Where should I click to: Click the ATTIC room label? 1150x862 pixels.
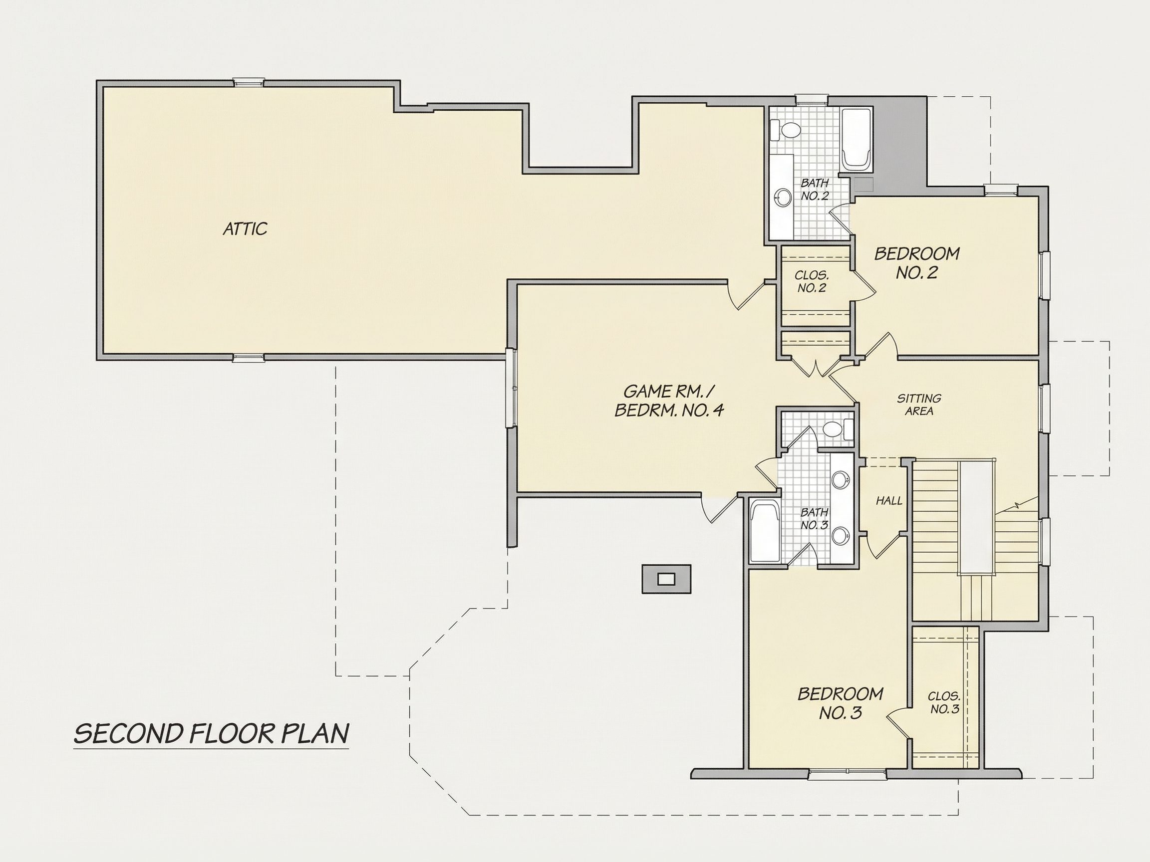pyautogui.click(x=245, y=228)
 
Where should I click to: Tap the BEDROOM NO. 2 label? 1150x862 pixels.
pyautogui.click(x=916, y=263)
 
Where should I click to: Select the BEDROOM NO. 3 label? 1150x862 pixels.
pyautogui.click(x=841, y=703)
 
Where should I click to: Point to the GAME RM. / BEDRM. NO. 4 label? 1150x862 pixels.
pyautogui.click(x=670, y=400)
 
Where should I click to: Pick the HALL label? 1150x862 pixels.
pyautogui.click(x=889, y=501)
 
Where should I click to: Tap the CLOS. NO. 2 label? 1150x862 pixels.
pyautogui.click(x=812, y=282)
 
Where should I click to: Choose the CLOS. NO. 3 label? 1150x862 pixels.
pyautogui.click(x=945, y=702)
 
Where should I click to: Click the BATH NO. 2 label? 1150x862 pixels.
pyautogui.click(x=815, y=190)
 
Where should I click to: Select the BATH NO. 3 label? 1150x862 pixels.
pyautogui.click(x=815, y=519)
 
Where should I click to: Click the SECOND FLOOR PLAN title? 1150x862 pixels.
pyautogui.click(x=211, y=733)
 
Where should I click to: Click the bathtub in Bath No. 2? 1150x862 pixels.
pyautogui.click(x=857, y=139)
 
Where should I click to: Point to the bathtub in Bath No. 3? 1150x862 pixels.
pyautogui.click(x=765, y=531)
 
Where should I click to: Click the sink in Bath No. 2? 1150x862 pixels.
pyautogui.click(x=783, y=197)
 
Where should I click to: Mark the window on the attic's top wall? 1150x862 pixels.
pyautogui.click(x=249, y=82)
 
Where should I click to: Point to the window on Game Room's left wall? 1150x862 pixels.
pyautogui.click(x=512, y=388)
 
